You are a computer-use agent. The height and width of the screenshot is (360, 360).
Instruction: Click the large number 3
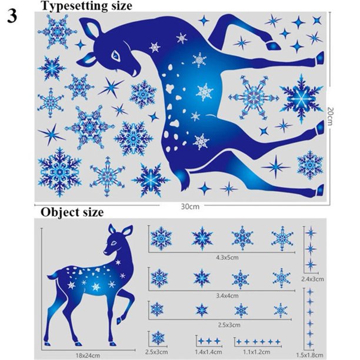coord(12,16)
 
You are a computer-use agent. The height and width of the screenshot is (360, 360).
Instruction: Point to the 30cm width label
coord(190,206)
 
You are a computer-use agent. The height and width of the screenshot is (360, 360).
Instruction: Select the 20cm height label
coord(329,116)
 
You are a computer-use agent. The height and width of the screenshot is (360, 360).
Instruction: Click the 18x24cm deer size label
coord(88,355)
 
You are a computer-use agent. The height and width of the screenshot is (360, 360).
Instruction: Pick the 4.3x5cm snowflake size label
coord(227,258)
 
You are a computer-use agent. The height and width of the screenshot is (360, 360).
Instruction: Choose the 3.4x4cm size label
coord(227,295)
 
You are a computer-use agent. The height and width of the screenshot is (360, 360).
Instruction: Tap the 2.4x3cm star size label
coord(312,279)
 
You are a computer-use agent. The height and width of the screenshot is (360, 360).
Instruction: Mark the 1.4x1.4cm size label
coord(208,352)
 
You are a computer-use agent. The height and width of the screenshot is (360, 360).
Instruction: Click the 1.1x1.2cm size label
coord(256,352)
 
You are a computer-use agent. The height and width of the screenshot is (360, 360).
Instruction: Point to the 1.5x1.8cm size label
coord(309,355)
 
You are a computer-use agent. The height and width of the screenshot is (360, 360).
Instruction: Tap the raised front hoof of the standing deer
coord(119,321)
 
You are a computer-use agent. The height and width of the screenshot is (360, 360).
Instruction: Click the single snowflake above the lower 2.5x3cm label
coord(158,338)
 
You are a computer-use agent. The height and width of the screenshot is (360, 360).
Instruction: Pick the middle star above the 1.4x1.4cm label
coord(209,341)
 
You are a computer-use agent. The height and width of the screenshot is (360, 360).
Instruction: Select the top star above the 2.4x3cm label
coord(311,233)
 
